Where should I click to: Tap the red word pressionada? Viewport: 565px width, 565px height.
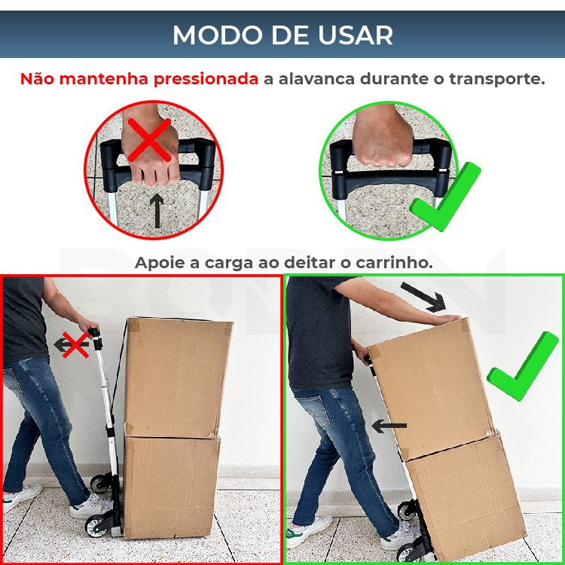pos(206,79)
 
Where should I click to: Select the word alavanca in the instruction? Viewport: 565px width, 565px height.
pos(310,79)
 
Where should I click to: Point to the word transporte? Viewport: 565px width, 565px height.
pos(497,79)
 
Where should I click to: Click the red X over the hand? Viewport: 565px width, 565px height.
pos(149,140)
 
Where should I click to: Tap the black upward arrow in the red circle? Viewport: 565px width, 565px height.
pos(157,210)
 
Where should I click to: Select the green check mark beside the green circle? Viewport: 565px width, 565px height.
pos(445,197)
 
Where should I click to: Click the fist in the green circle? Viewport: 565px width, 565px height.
pos(383,139)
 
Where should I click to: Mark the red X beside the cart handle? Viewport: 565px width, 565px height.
pos(75,345)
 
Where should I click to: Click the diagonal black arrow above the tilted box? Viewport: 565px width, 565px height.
pos(423,298)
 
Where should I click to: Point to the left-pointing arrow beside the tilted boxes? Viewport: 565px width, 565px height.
pos(389,426)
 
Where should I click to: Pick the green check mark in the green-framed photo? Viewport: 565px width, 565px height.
pos(523,366)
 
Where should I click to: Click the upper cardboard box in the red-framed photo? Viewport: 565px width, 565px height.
pos(178,377)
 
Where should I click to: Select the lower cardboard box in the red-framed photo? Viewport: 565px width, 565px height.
pos(172,487)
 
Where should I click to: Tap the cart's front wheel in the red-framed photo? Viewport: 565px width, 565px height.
pos(96,526)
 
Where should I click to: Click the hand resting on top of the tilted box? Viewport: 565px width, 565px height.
pos(447,319)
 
